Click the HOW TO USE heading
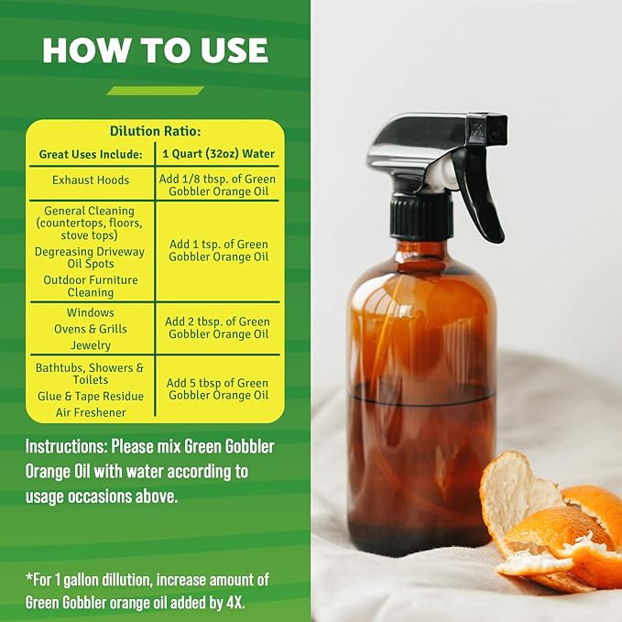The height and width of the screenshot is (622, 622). coord(155,50)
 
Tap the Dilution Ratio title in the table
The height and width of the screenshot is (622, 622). coord(155,131)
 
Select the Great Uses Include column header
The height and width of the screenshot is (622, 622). coord(91,153)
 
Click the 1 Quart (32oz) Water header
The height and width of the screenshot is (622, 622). coord(218,153)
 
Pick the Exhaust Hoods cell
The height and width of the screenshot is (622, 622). coord(91,180)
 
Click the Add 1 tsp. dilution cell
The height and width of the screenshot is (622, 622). coord(218,250)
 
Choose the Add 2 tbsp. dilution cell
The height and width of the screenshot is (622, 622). coord(218,328)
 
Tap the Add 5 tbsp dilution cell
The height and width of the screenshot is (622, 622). coord(218,389)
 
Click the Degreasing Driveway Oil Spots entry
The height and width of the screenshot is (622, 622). coord(90,257)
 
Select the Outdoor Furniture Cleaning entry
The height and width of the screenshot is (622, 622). coord(90,286)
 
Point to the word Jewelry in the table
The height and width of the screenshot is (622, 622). coord(91,345)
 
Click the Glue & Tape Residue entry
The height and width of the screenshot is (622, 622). coord(90,396)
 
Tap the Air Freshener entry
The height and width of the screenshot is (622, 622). coord(91,412)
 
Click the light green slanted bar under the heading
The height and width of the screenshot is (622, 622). coord(155,91)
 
